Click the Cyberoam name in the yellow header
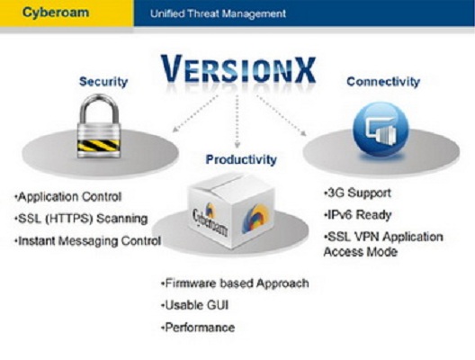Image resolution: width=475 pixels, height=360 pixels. [56, 13]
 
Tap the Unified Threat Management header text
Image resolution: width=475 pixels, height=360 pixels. [218, 13]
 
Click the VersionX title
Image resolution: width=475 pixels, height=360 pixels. [238, 68]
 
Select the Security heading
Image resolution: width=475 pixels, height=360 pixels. [103, 82]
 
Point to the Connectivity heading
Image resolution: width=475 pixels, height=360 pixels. [383, 82]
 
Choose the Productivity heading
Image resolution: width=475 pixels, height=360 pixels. [241, 159]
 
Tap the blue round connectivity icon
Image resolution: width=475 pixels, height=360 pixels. [381, 130]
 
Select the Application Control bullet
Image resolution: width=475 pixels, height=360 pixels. [68, 197]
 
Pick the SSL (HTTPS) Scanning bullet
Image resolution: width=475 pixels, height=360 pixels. [81, 219]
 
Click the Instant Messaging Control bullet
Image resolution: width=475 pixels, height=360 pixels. [88, 241]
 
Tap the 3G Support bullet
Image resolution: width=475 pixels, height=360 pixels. [357, 193]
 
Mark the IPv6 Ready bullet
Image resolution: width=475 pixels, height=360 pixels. [357, 215]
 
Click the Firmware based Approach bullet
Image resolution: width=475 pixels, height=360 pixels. [235, 283]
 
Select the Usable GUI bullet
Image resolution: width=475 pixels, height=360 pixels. [195, 305]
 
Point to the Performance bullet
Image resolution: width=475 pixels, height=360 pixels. [198, 328]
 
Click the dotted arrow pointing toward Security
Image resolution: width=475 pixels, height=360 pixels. [195, 113]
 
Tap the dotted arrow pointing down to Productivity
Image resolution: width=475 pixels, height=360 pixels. [237, 121]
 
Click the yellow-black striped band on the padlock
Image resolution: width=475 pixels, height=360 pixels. [99, 146]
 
